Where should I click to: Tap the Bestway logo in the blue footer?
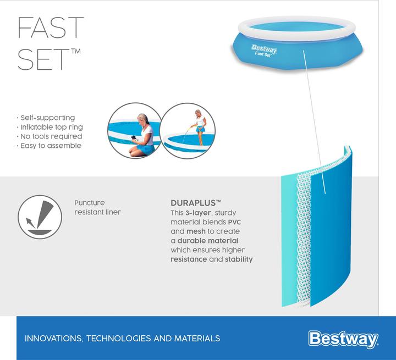343,337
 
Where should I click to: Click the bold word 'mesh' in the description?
196,231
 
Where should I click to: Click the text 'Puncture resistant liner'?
98,207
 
